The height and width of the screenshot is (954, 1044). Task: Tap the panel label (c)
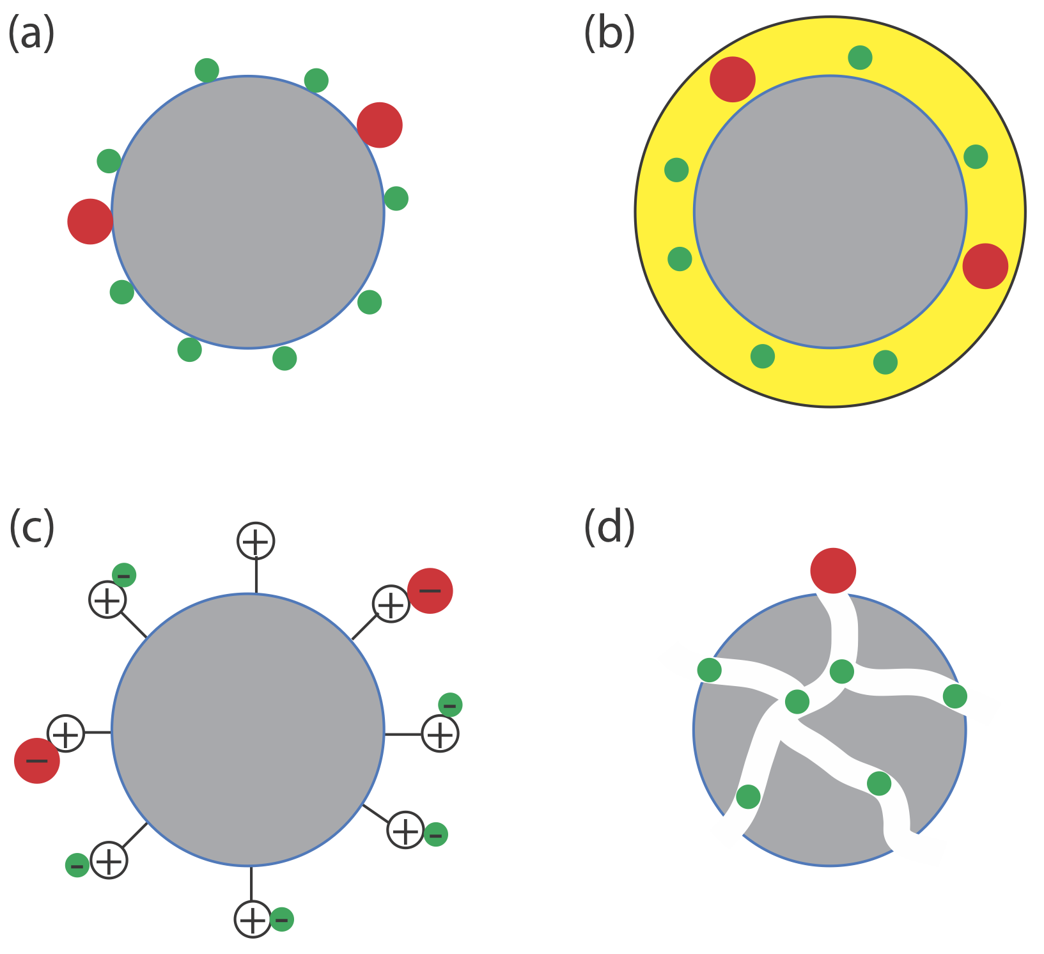pos(31,528)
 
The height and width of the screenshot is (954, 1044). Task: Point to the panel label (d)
pos(609,528)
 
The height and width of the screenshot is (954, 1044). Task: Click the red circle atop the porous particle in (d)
pos(832,570)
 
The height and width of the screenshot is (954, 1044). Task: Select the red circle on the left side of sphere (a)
pos(90,221)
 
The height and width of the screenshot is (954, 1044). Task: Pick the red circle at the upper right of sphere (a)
pos(380,125)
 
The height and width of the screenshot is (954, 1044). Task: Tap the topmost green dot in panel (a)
pos(206,70)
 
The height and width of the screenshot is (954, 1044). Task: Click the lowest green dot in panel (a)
pos(284,358)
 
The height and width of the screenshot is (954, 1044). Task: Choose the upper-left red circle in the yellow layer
pos(733,79)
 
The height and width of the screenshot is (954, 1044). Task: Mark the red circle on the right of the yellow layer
pos(985,266)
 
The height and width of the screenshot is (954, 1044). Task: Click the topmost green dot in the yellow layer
pos(860,58)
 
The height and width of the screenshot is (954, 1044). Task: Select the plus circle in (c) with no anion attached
pos(256,541)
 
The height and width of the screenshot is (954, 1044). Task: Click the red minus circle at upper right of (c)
pos(430,591)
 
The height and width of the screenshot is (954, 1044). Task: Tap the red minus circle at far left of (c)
pos(37,760)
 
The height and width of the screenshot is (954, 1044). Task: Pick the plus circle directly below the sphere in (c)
pos(253,919)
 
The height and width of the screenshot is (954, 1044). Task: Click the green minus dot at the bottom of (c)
pos(282,919)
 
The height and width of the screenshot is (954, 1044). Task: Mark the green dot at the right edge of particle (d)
pos(954,696)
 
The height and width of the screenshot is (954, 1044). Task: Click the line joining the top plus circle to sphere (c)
pos(256,575)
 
